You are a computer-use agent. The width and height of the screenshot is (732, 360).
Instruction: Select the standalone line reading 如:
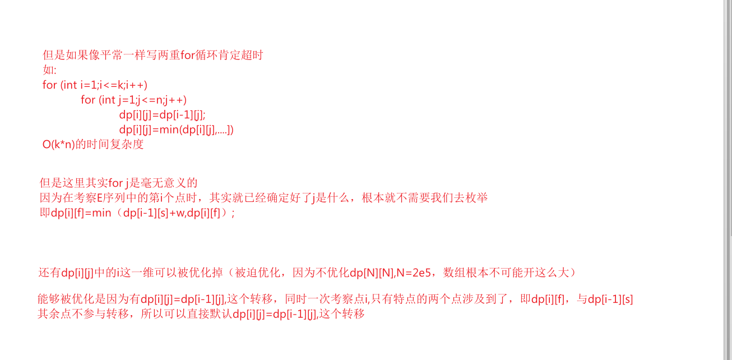49,70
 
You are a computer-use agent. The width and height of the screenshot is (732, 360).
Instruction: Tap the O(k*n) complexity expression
59,145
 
